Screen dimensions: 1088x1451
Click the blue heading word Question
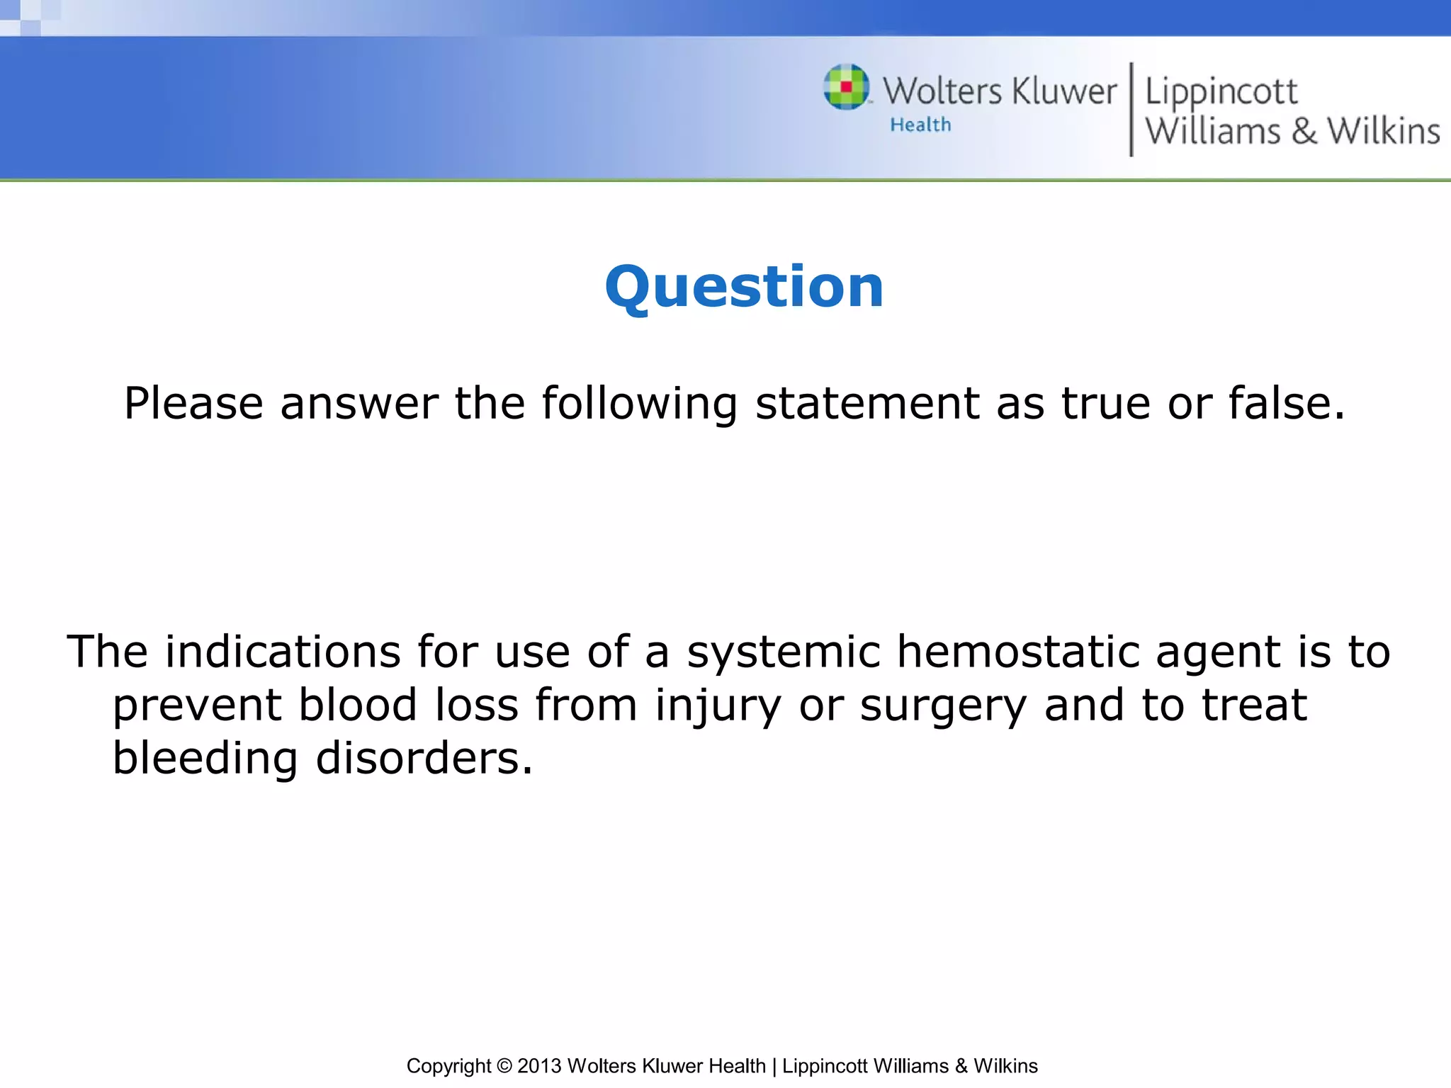tap(744, 287)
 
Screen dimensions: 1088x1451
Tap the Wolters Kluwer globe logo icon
tap(846, 88)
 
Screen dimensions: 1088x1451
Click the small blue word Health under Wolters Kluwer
tap(920, 125)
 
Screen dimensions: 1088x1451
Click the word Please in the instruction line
tap(193, 404)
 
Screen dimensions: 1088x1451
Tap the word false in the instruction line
tap(1286, 404)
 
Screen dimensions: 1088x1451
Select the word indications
tap(283, 652)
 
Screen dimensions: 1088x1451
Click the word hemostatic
tap(1018, 652)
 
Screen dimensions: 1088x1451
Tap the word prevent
tap(197, 706)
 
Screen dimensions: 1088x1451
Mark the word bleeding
tap(205, 759)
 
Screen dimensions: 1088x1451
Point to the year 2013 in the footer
tap(539, 1066)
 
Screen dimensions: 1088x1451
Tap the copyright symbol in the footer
tap(504, 1066)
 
